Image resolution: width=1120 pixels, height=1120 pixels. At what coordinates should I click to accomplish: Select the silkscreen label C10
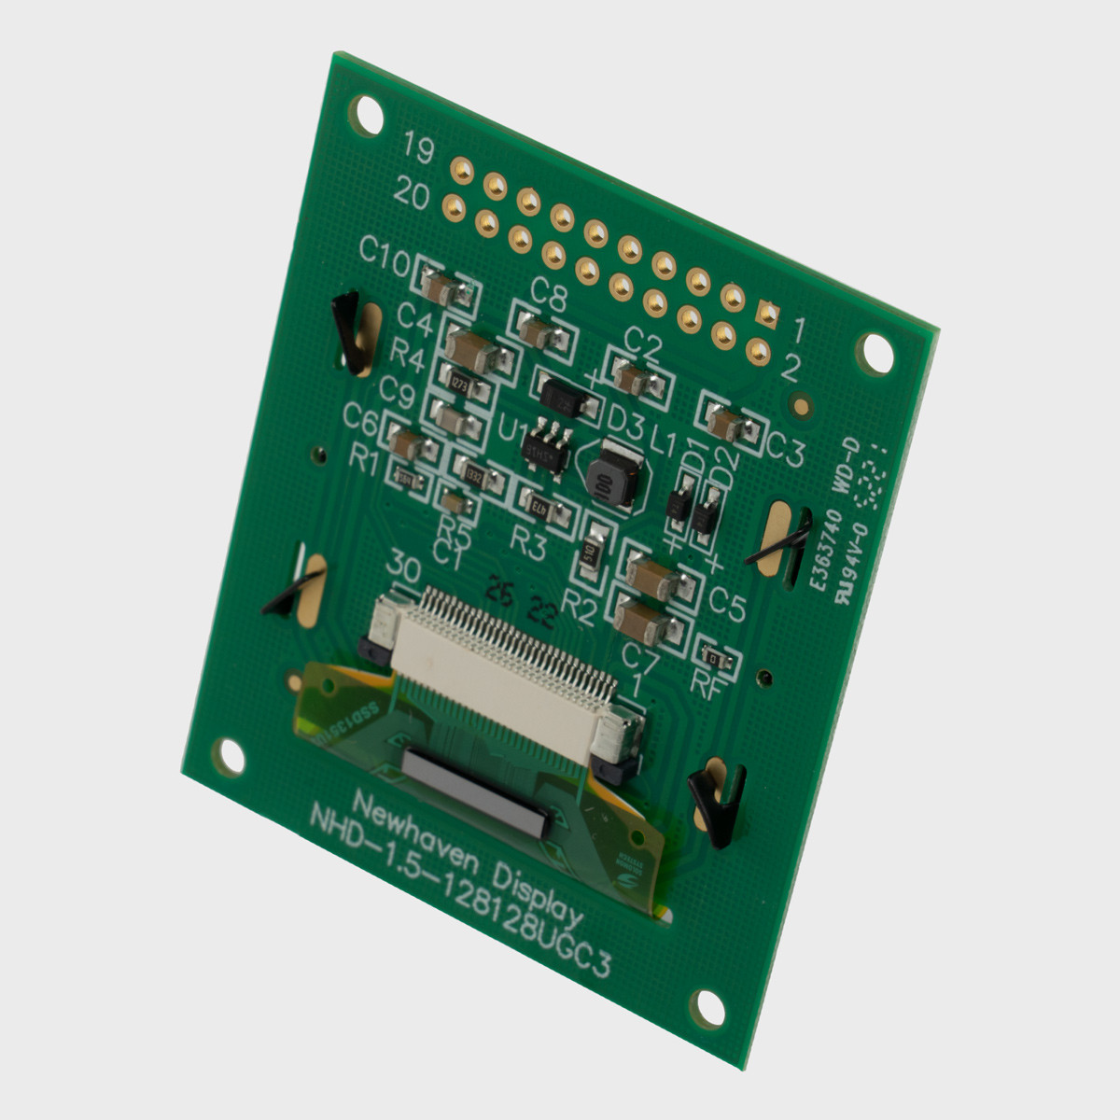tap(384, 254)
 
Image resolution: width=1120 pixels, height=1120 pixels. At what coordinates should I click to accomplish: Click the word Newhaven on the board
tap(411, 821)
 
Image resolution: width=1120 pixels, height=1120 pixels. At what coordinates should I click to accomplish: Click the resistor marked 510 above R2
tap(590, 552)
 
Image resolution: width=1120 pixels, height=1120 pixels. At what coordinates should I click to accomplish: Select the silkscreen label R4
tap(407, 356)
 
